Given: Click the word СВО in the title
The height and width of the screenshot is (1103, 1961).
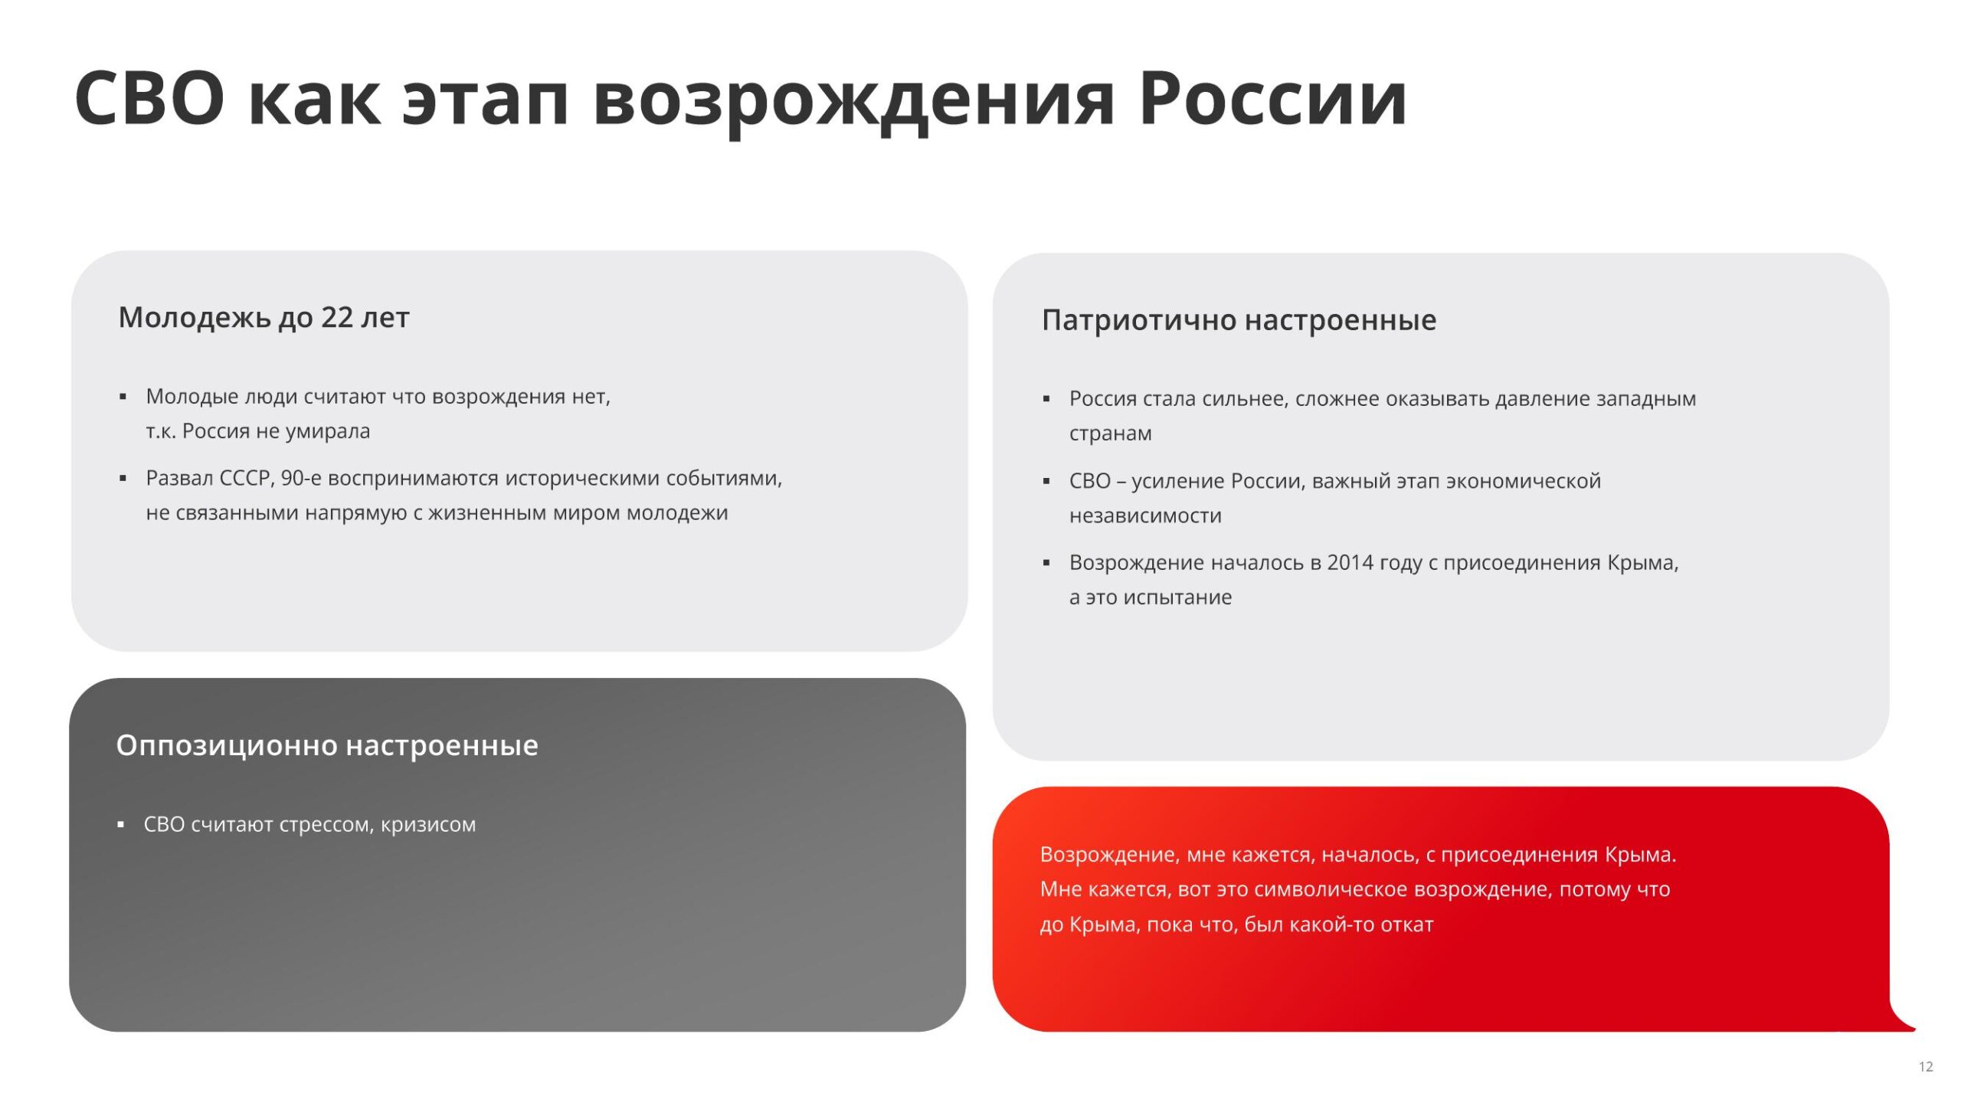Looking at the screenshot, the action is (x=150, y=99).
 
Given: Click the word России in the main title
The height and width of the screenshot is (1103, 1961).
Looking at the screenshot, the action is (x=1272, y=99).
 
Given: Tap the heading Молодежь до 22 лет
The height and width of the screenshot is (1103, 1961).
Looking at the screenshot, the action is (x=264, y=318).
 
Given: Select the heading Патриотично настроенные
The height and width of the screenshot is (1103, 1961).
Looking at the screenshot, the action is (x=1239, y=320).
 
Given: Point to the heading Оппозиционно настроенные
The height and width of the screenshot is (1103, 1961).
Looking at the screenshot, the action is (x=327, y=745).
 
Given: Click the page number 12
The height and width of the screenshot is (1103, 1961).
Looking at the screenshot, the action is (x=1926, y=1066).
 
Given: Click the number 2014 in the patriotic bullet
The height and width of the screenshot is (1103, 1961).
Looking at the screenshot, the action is (x=1350, y=562).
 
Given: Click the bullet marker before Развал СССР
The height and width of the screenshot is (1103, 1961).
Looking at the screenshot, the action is (x=123, y=479).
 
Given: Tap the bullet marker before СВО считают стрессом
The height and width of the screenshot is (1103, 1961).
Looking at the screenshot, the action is (x=120, y=825).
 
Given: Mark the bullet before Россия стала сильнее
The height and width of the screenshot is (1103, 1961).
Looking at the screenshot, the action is (x=1046, y=399).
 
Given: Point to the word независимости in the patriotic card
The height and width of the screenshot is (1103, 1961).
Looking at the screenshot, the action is (x=1145, y=516).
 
